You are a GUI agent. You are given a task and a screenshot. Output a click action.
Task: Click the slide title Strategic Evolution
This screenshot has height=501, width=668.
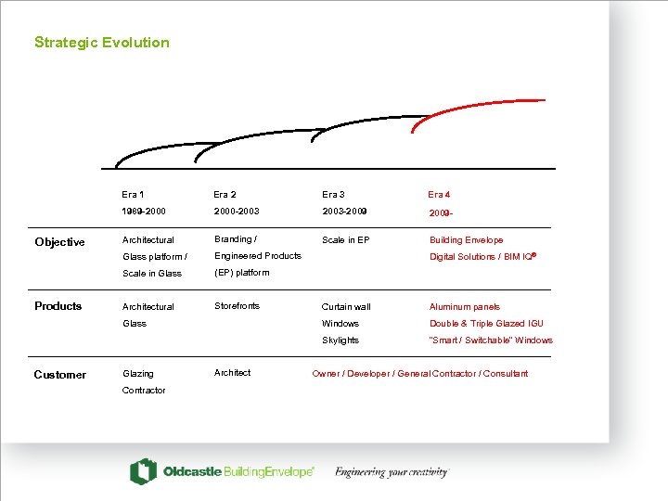tap(102, 43)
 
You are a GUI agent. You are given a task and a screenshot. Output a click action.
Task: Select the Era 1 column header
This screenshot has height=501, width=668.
tap(133, 195)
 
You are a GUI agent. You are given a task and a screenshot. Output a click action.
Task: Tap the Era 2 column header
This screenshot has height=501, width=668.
tap(225, 195)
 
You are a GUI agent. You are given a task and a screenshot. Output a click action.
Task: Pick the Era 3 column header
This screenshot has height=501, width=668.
tap(333, 195)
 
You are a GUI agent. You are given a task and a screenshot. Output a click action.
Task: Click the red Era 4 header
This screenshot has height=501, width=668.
tap(439, 195)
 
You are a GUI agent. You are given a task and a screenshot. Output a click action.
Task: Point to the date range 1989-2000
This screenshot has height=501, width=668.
tap(144, 212)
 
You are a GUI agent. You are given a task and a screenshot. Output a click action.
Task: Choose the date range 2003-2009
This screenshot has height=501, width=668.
tap(344, 212)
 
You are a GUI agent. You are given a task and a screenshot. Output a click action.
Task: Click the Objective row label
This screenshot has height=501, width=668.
tap(59, 242)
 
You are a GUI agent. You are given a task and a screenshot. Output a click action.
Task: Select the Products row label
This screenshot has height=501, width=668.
tap(58, 306)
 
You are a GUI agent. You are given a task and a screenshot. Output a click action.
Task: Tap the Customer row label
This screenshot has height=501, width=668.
tap(59, 375)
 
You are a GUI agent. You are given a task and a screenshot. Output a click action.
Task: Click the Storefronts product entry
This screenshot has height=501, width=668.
tap(237, 306)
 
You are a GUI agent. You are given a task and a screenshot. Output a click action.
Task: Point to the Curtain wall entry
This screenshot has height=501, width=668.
tap(346, 307)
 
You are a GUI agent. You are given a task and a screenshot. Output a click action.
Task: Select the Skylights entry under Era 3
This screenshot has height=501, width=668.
tap(340, 340)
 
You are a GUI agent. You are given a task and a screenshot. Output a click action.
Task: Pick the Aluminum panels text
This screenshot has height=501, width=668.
tap(465, 307)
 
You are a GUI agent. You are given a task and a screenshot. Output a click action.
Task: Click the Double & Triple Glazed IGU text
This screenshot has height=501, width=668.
tap(486, 324)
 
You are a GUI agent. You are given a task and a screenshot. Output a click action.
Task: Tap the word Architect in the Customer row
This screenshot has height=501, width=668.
tap(232, 373)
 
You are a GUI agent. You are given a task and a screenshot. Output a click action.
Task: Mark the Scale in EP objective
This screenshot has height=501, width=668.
tap(345, 240)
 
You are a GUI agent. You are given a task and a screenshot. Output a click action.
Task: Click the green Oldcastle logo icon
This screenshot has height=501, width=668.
tap(143, 471)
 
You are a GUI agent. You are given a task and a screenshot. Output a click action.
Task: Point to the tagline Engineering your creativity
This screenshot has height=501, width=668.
tap(392, 472)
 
